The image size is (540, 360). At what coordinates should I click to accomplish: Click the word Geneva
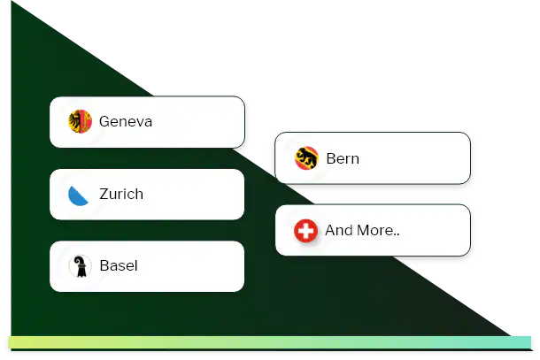tap(126, 122)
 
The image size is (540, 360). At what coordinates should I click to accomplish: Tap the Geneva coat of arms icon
tap(80, 122)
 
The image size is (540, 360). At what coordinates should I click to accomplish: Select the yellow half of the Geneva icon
tap(74, 122)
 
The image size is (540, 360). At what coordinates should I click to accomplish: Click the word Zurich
tap(121, 194)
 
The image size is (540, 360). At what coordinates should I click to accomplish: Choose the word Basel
tap(119, 265)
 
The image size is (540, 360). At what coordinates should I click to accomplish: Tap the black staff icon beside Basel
tap(80, 265)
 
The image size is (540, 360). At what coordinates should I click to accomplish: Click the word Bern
tap(343, 159)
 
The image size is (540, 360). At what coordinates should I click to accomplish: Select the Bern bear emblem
tap(306, 159)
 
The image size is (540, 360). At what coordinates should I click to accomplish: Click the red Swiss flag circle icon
tap(306, 231)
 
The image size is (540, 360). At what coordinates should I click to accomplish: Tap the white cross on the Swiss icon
tap(306, 231)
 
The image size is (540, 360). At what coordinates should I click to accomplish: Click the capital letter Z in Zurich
tap(104, 194)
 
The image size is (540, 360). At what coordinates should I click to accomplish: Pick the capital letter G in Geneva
tap(104, 122)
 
